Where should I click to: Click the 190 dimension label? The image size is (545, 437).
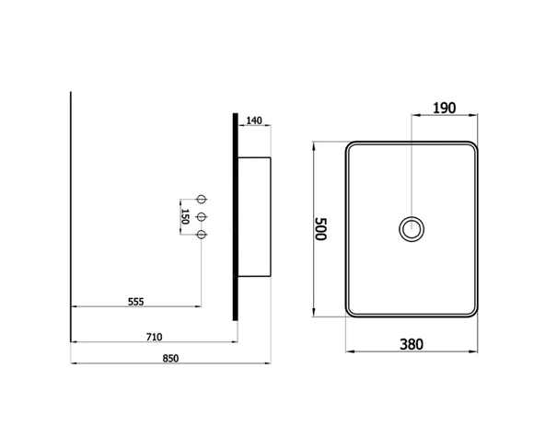tap(444, 108)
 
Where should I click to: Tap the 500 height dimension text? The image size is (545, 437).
tap(320, 229)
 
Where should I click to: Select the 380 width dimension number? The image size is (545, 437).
tap(412, 344)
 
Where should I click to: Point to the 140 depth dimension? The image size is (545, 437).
tap(254, 121)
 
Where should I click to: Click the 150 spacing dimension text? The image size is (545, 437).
tap(185, 217)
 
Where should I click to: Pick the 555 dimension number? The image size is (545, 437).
tap(136, 302)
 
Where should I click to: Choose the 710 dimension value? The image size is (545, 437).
tap(154, 337)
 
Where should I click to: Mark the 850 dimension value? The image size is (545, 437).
tap(170, 358)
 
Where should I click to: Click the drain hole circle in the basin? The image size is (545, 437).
tap(412, 217)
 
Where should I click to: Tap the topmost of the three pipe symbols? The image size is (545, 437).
tap(202, 200)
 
